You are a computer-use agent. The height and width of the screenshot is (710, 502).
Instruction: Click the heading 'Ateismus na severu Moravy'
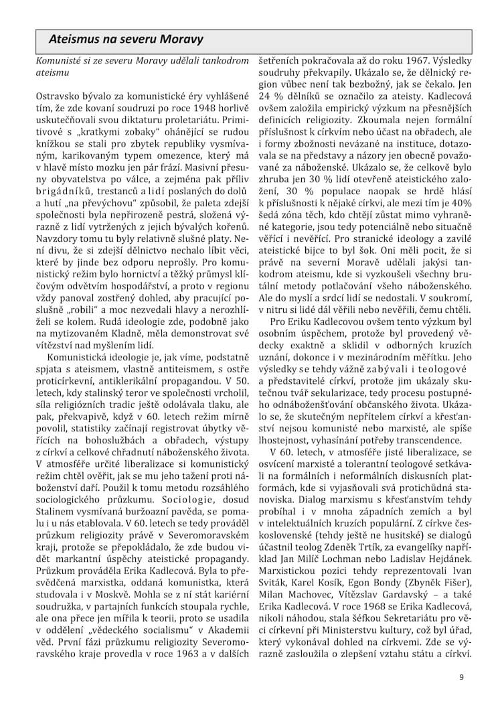click(121, 40)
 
